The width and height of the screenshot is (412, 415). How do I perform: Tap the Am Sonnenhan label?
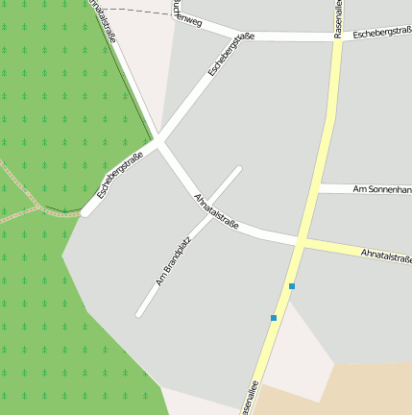click(x=382, y=189)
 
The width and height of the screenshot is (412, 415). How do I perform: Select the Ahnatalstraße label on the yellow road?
click(x=386, y=256)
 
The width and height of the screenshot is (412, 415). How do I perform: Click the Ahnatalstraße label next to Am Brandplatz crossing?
click(x=216, y=209)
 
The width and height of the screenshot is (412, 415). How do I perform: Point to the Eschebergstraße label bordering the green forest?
click(x=119, y=176)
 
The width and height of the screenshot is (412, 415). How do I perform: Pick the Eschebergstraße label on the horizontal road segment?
click(x=381, y=34)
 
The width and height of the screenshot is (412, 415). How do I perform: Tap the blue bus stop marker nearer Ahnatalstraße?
click(x=292, y=286)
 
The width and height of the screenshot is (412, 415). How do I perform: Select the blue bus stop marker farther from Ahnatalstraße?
click(x=274, y=318)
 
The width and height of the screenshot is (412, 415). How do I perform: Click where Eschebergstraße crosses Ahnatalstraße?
click(x=160, y=143)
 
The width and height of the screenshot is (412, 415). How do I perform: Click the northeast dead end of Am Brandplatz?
click(x=238, y=170)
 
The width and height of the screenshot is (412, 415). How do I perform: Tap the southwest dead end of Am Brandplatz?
click(x=139, y=313)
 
